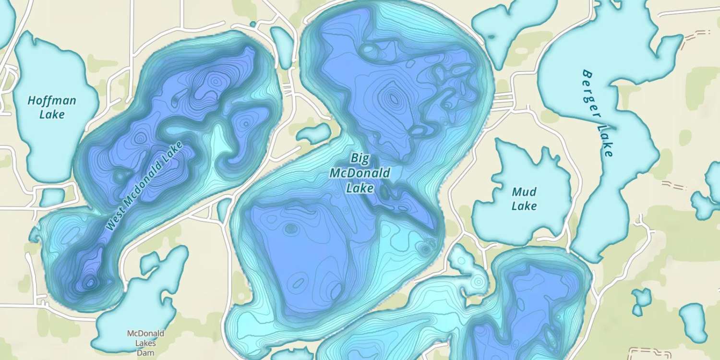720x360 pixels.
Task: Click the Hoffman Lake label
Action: [x=52, y=108]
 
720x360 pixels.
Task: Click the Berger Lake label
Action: [x=598, y=113]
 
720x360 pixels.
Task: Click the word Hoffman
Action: [x=52, y=101]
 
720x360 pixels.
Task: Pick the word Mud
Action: [x=524, y=192]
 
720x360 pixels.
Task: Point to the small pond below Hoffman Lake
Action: [x=52, y=197]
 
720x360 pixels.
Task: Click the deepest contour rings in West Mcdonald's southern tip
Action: [x=89, y=283]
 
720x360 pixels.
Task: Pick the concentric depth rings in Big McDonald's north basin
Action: [x=394, y=98]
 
